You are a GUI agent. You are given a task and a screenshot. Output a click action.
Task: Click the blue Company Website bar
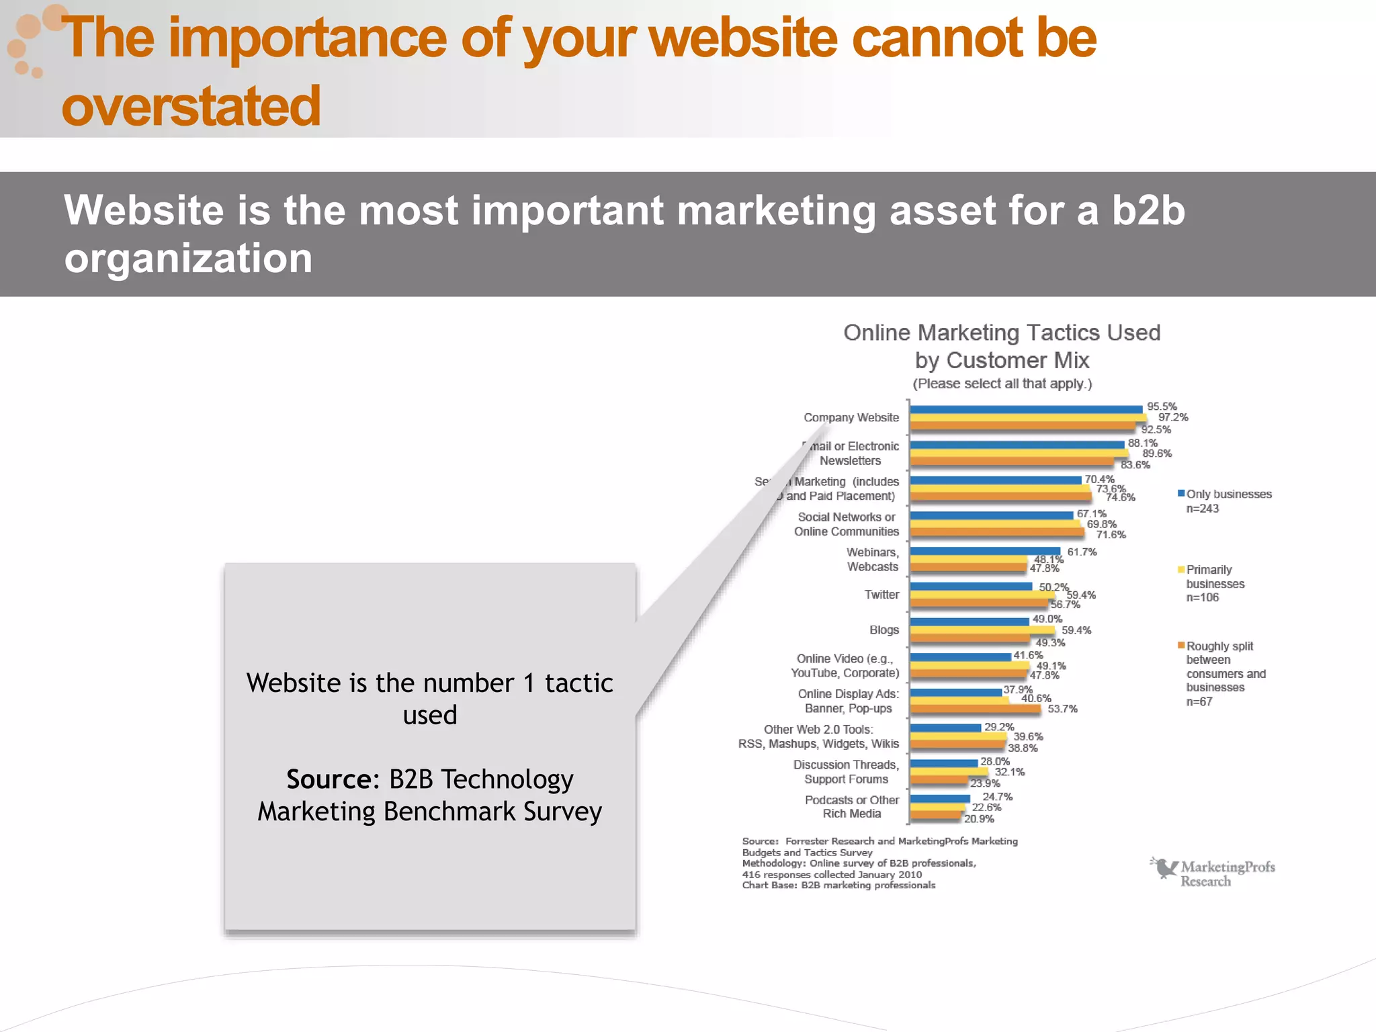tap(1026, 409)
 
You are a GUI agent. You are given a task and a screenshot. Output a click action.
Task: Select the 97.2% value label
tap(1172, 417)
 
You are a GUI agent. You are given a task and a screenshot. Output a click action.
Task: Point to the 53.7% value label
tap(1062, 709)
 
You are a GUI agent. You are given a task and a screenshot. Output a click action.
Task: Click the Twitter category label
tap(881, 595)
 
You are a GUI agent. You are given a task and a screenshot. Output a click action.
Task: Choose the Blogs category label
tap(884, 630)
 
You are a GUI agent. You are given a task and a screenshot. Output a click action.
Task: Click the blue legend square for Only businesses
tap(1181, 494)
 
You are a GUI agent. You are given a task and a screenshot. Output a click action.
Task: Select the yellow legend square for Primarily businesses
tap(1181, 570)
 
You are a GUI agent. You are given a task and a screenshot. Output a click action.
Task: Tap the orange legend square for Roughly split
tap(1181, 646)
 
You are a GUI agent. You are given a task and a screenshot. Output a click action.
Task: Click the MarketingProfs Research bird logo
tap(1164, 867)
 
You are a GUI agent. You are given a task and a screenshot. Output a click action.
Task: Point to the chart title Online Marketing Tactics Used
tap(1002, 333)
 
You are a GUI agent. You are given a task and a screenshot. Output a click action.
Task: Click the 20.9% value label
tap(979, 819)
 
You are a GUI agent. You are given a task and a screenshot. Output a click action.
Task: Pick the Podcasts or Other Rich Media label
tap(851, 807)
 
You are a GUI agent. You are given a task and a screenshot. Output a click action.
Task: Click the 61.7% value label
tap(1082, 552)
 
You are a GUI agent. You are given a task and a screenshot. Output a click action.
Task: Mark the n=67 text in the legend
tap(1199, 701)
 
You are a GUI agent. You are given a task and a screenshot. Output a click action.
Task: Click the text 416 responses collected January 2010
tap(832, 874)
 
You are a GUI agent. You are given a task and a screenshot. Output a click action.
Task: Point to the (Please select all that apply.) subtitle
tap(1002, 384)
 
